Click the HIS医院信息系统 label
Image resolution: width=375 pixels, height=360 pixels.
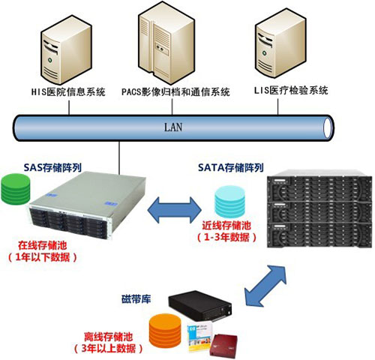68,91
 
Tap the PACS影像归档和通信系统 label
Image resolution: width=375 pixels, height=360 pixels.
175,91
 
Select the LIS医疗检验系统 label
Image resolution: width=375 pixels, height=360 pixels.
291,90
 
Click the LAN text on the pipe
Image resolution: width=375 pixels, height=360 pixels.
173,127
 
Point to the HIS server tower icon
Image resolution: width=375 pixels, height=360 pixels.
66,49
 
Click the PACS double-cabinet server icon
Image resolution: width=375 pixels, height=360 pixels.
166,43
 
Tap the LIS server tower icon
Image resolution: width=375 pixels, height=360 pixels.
280,43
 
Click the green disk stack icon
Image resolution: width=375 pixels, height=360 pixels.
16,189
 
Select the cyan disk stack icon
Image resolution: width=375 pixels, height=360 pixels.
230,202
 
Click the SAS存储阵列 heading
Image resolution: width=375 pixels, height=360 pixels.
52,167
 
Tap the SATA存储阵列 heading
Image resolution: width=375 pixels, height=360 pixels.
231,167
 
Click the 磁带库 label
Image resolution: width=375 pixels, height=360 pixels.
136,299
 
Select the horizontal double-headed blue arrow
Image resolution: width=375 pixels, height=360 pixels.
175,210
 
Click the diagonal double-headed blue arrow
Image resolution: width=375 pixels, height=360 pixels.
265,285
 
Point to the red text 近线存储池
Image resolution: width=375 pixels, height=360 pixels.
226,226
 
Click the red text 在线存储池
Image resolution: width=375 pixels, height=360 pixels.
43,245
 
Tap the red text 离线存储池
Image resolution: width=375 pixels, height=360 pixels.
108,337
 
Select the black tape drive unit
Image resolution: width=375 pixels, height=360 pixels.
200,305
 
